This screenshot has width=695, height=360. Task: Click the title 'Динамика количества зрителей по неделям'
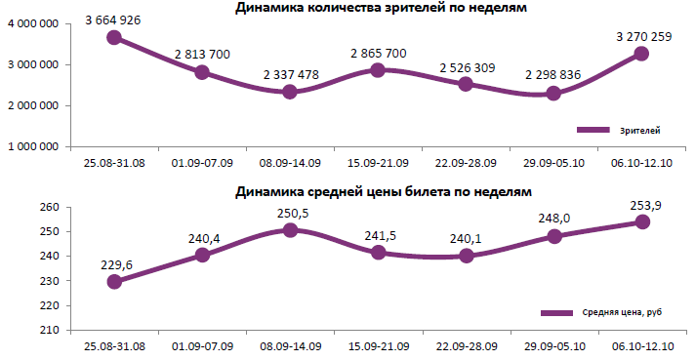pos(382,9)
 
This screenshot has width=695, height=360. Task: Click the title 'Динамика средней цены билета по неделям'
pos(382,192)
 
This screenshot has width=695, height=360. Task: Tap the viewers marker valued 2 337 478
pos(291,92)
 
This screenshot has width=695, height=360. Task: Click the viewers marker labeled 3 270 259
pos(642,54)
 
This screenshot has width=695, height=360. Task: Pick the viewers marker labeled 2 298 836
pos(554,94)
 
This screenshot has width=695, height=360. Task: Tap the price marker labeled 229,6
pos(115,281)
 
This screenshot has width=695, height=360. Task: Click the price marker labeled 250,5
pos(291,230)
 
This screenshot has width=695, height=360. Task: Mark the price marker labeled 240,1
pos(467,256)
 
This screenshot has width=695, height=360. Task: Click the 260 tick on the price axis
pos(50,208)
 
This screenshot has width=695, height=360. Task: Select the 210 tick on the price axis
pos(50,330)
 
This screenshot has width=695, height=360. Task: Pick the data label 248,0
pos(554,219)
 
